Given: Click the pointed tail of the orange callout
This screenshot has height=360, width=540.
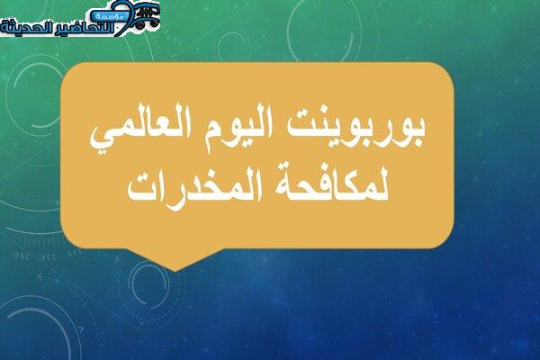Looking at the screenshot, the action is click(x=175, y=269).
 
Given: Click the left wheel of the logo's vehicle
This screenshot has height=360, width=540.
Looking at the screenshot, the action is click(x=139, y=25).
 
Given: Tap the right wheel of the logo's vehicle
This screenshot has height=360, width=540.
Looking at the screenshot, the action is click(x=154, y=23).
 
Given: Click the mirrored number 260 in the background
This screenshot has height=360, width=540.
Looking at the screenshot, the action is click(x=22, y=257).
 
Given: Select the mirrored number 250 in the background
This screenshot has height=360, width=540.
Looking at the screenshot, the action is click(x=49, y=257).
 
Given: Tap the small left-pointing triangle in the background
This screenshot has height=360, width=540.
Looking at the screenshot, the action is click(x=39, y=276).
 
